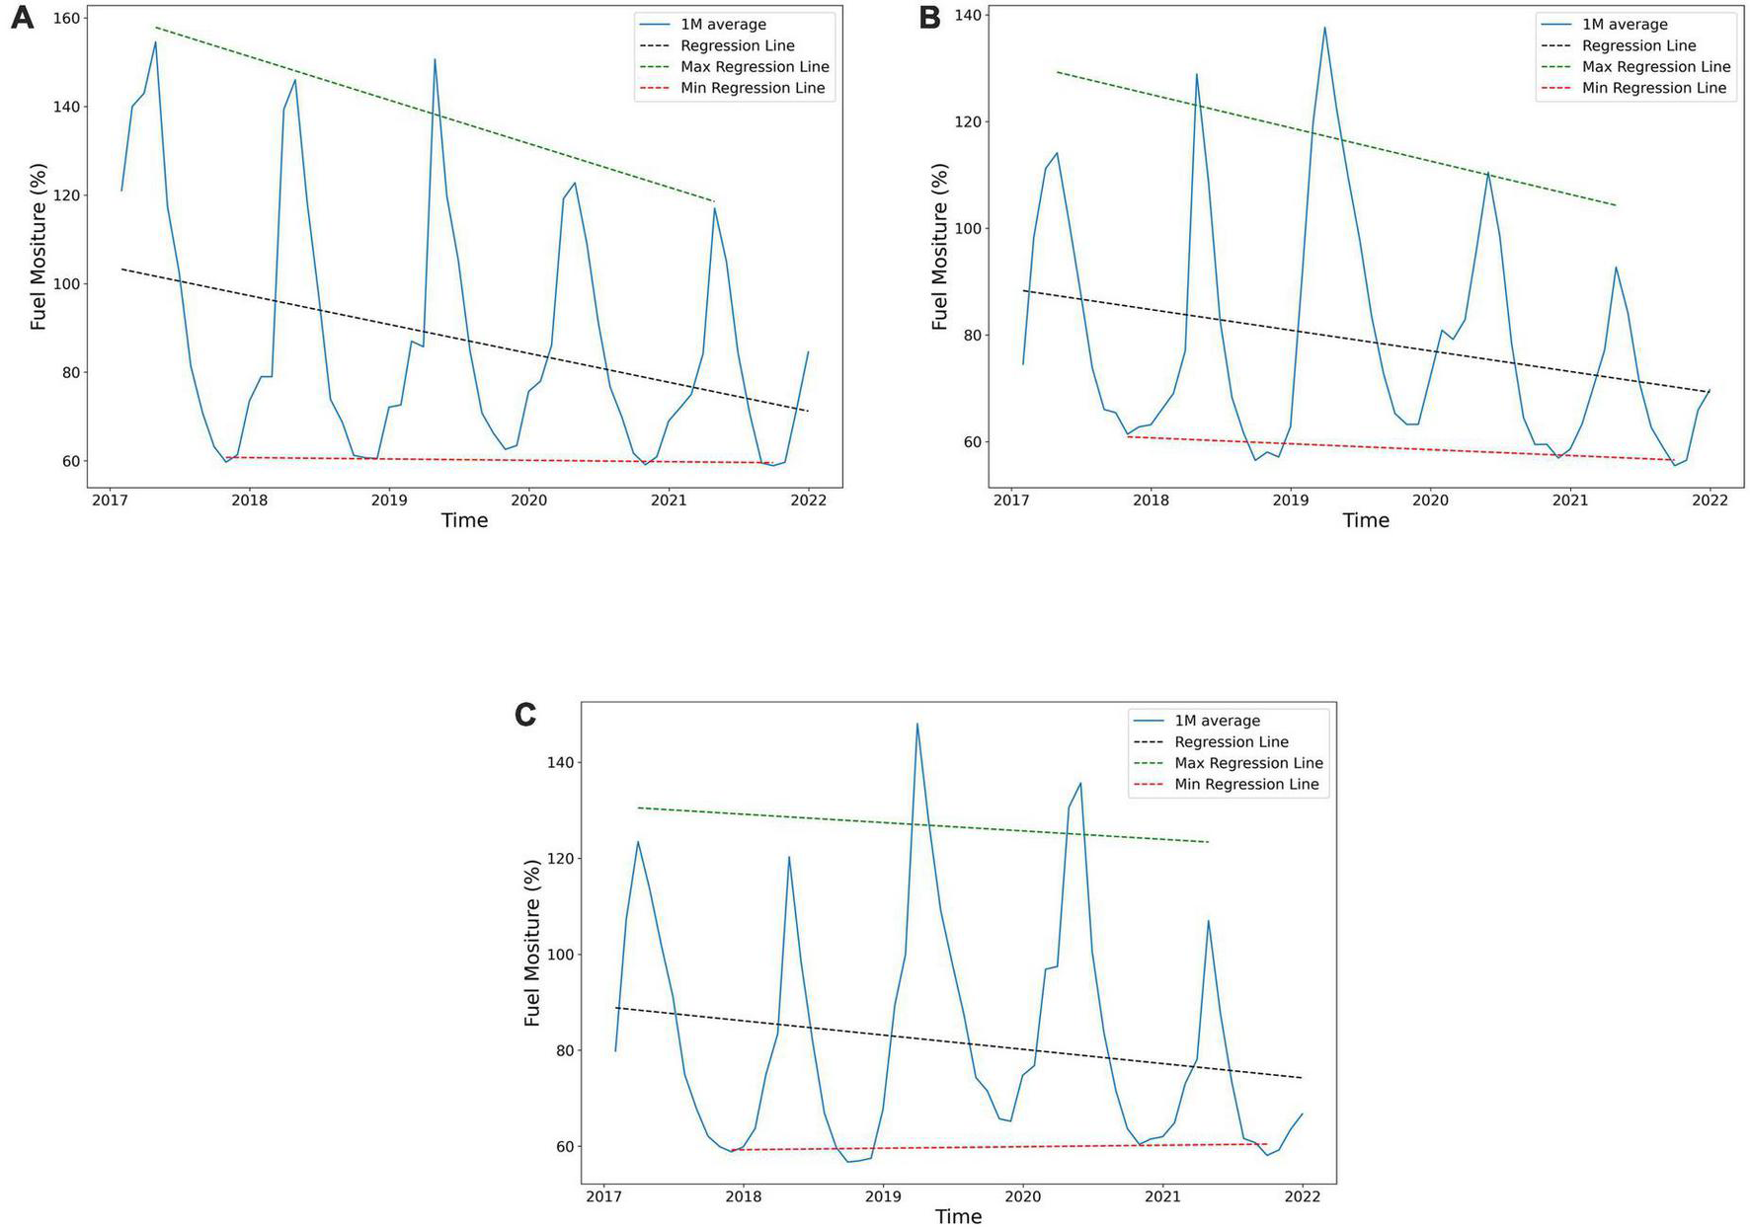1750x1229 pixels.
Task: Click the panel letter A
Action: (22, 18)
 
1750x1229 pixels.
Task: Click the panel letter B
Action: (929, 18)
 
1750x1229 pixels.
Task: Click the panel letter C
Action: (525, 715)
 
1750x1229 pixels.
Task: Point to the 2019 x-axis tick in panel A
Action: (389, 500)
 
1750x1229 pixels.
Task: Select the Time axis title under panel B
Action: (1365, 520)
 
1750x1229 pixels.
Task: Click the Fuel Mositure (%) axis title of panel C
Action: (532, 943)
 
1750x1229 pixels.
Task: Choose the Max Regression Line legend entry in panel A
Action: (755, 67)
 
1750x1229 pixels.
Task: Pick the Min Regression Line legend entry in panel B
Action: (1654, 88)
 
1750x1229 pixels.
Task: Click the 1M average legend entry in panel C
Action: (1217, 721)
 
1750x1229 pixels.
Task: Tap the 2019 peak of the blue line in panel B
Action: (1324, 28)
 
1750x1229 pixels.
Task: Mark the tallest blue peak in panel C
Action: (916, 724)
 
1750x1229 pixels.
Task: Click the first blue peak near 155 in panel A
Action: (155, 41)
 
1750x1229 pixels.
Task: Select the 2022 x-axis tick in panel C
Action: (1302, 1196)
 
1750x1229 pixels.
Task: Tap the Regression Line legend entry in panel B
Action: (1638, 45)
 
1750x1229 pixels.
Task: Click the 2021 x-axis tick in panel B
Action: (1570, 500)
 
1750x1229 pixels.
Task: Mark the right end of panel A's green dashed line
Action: (713, 201)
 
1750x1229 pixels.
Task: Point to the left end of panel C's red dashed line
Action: (732, 1150)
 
